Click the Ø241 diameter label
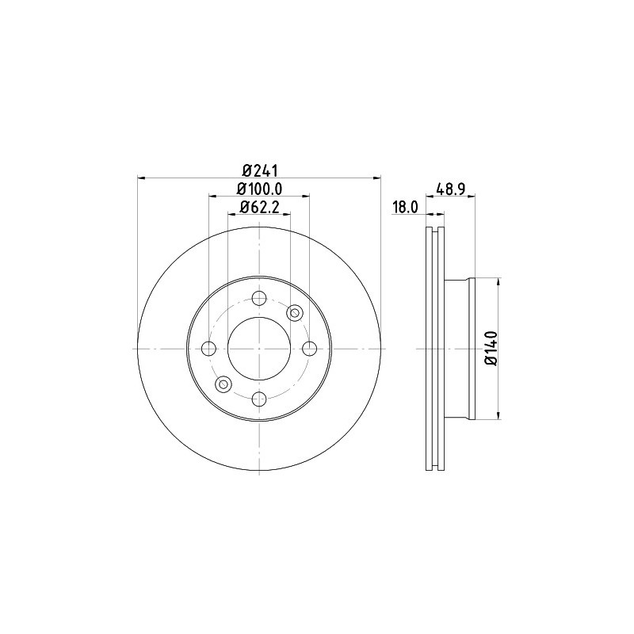[261, 170]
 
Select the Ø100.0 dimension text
[259, 189]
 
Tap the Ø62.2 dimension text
[260, 207]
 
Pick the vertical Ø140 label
[491, 349]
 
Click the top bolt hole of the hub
[259, 299]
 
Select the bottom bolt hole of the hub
[259, 399]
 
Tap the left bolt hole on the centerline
[208, 349]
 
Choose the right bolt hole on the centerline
[310, 349]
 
